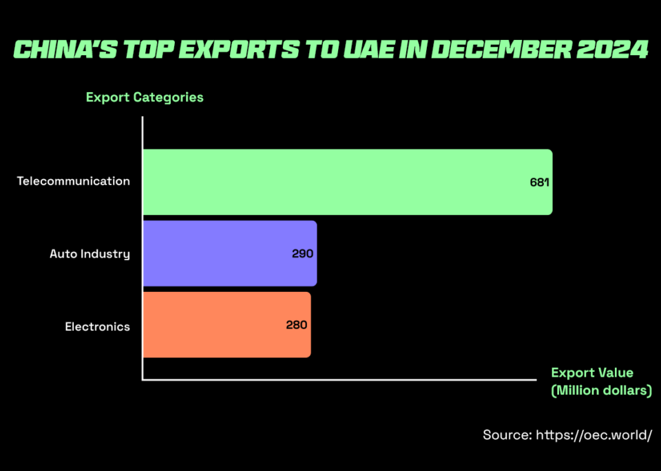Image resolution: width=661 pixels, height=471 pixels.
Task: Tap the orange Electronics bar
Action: tap(227, 325)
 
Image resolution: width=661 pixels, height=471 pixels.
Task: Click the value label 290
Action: tap(302, 253)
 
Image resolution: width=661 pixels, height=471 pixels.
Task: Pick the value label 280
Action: tap(297, 325)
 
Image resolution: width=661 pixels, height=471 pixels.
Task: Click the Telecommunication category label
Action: tap(74, 182)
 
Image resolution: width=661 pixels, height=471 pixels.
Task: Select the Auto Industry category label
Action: tap(90, 254)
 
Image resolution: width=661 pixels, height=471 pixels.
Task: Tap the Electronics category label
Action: tap(97, 326)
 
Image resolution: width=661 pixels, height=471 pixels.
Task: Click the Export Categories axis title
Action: tap(145, 97)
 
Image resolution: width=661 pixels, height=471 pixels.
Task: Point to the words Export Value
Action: tap(592, 373)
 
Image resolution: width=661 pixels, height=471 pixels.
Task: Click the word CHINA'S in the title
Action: tap(59, 50)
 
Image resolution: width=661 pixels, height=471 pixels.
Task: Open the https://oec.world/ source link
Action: tap(593, 435)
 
